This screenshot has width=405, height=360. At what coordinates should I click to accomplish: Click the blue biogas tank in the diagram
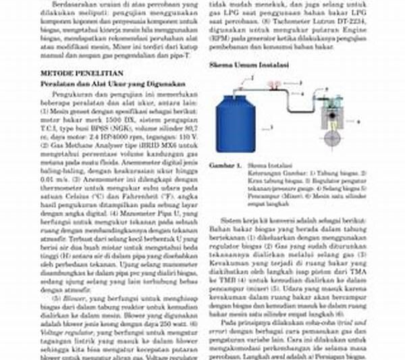[237, 122]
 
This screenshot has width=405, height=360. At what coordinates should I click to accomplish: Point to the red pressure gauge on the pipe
[273, 84]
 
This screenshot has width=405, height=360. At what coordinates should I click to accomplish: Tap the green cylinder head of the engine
[331, 108]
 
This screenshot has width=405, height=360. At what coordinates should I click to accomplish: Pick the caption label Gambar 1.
[225, 164]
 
